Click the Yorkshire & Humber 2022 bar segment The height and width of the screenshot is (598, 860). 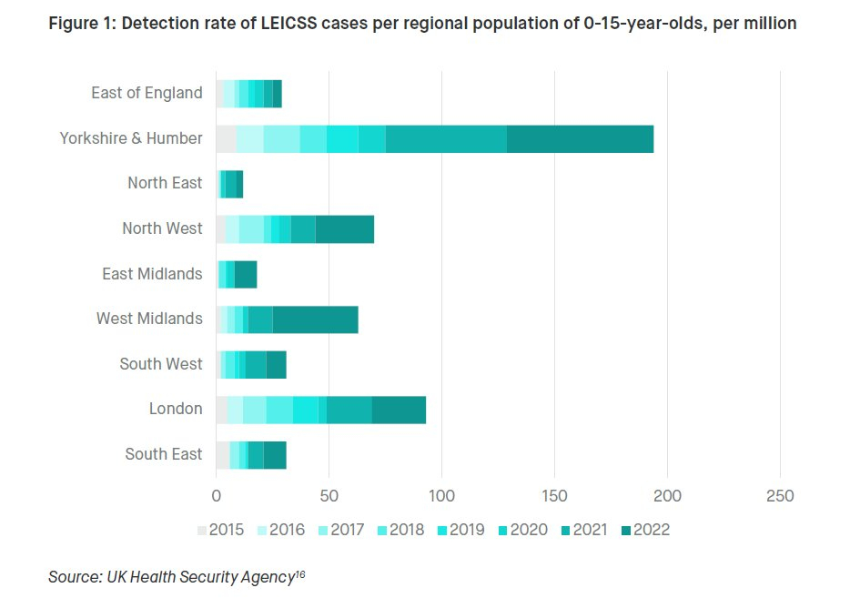click(x=580, y=138)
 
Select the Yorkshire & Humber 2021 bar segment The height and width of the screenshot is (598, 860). click(x=446, y=138)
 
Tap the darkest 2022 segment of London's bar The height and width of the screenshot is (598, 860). click(x=399, y=410)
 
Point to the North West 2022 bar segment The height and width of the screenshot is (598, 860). click(x=344, y=228)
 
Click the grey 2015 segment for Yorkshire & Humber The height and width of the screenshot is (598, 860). click(x=226, y=138)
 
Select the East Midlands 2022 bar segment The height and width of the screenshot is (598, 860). click(x=246, y=274)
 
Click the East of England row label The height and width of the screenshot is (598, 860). click(x=147, y=93)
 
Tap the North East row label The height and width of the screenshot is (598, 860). click(x=165, y=183)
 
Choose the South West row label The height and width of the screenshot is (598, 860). click(x=161, y=364)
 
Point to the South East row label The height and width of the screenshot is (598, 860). click(x=164, y=454)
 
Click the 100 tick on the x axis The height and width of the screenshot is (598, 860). click(x=441, y=496)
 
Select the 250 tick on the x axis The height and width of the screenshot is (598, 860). click(x=780, y=496)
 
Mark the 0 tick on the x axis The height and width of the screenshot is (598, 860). click(x=216, y=496)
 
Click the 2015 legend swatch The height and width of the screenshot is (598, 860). click(x=202, y=530)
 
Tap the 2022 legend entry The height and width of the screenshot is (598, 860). click(x=647, y=530)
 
